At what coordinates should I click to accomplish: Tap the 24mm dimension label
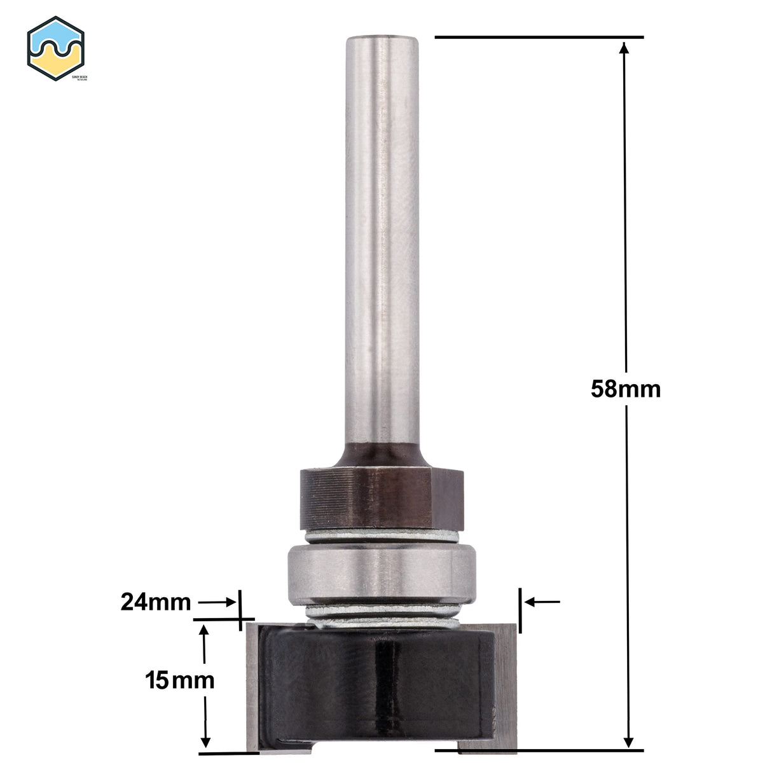156,602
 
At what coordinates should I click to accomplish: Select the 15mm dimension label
178,681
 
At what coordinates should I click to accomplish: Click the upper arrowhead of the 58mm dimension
626,50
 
